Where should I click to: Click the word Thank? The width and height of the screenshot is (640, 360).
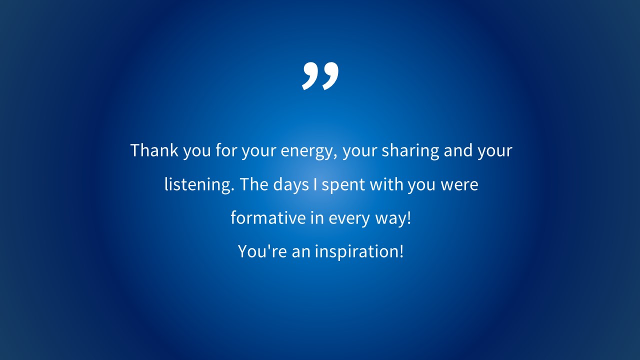[x=154, y=150]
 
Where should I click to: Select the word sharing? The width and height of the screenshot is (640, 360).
[x=410, y=151]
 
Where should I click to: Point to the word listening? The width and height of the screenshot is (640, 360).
[x=199, y=184]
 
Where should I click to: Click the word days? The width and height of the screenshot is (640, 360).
[x=291, y=184]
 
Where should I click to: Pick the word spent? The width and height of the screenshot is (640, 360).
[x=343, y=185]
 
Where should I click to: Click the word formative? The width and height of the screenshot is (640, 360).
[x=268, y=217]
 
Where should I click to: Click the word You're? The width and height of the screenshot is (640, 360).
[x=262, y=251]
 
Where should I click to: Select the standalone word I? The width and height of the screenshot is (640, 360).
[x=315, y=184]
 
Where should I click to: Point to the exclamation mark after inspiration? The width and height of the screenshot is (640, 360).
[x=401, y=251]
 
